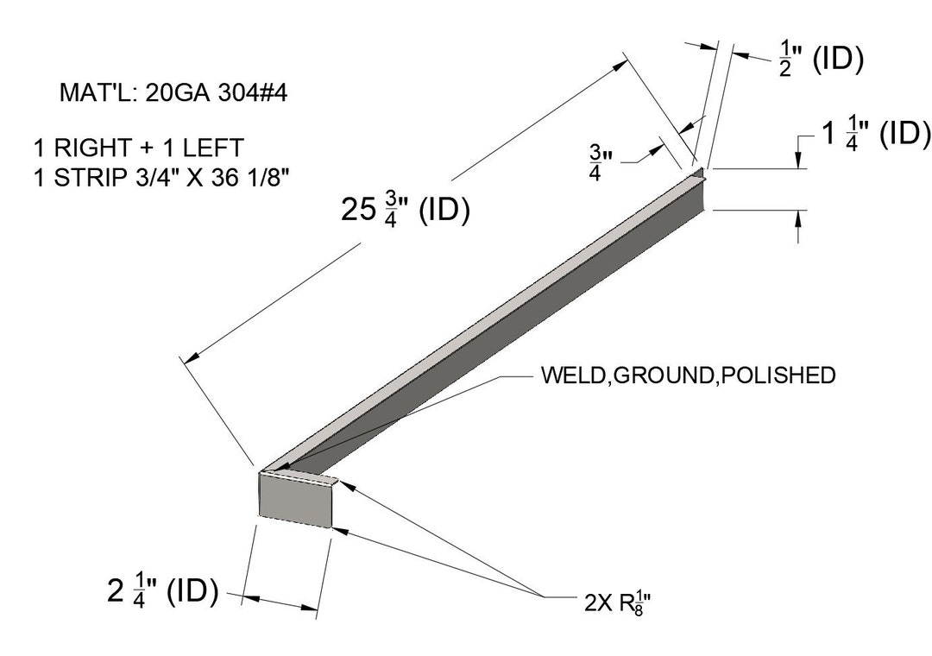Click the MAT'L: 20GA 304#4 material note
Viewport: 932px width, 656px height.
point(173,92)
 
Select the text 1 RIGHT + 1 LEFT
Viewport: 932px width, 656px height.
point(138,148)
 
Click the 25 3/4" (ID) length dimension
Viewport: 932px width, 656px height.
point(406,210)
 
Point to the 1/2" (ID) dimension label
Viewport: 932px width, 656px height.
point(821,60)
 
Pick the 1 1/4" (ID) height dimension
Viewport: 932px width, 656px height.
point(875,135)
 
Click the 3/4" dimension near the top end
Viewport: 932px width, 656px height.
point(601,161)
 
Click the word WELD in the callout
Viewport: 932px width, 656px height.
point(573,375)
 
